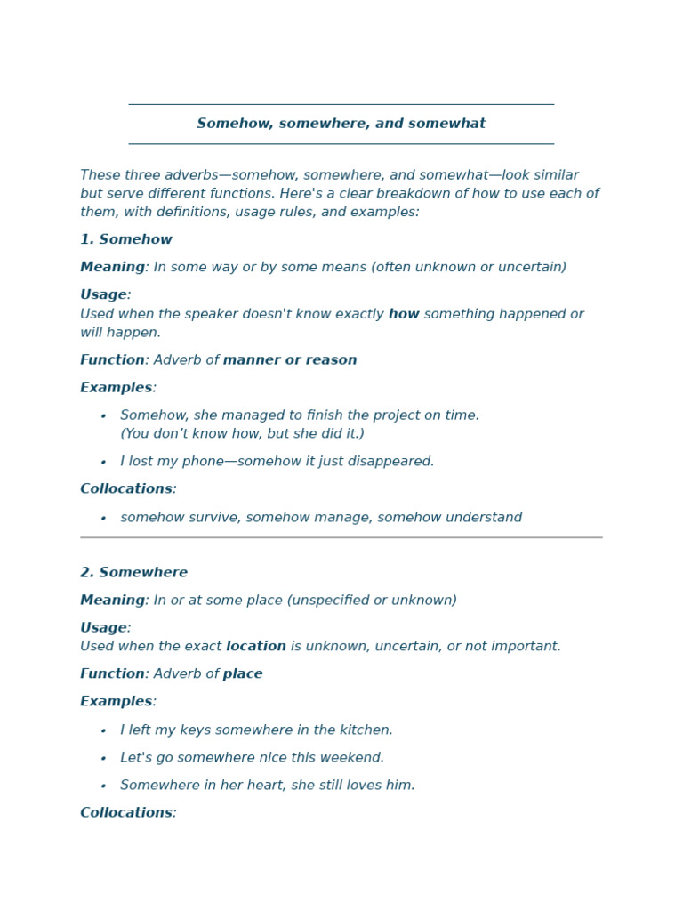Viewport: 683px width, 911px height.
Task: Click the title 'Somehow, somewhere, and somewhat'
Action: tap(341, 124)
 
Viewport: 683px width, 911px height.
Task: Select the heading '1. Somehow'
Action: tap(126, 240)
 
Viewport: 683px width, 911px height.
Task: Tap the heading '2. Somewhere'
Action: tap(133, 573)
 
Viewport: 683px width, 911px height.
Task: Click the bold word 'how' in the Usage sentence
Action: tap(404, 314)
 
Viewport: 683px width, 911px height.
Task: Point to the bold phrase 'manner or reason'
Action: tap(290, 360)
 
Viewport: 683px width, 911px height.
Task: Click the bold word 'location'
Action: tap(256, 647)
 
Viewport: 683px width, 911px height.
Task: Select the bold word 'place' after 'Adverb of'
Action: tap(243, 674)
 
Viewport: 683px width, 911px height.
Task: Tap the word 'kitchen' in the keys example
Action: tap(364, 730)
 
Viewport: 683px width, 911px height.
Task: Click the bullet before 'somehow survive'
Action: tap(103, 519)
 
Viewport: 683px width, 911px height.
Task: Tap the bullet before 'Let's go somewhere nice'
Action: tap(103, 759)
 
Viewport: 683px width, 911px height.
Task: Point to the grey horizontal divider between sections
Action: tap(341, 537)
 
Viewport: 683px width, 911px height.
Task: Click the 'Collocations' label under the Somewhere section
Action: tap(126, 813)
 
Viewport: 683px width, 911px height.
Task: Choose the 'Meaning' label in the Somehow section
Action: tap(112, 268)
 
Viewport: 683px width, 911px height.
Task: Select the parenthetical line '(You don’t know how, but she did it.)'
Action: tap(242, 434)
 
